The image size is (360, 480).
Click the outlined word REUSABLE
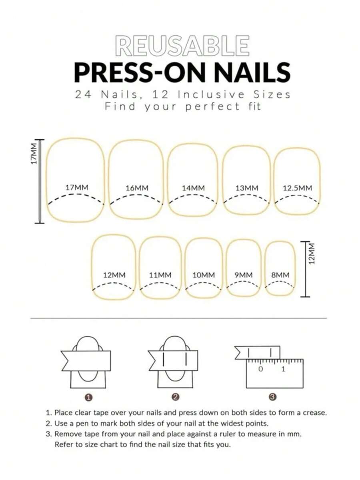182,46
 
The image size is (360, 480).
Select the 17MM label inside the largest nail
77,187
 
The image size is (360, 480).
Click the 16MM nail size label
137,188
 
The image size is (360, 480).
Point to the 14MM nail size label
193,188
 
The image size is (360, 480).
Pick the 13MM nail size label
247,188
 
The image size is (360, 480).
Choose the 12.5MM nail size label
297,188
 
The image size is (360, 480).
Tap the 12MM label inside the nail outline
114,275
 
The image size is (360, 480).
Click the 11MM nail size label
160,275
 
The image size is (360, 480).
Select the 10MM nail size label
203,275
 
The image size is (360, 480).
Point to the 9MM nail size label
244,275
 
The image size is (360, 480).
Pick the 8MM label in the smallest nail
280,275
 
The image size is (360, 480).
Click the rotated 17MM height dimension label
34,153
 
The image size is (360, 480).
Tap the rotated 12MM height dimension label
311,254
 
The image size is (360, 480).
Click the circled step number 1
88,398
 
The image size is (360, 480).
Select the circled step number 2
176,397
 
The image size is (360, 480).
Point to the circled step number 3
272,397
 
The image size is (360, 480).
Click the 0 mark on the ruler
260,369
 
